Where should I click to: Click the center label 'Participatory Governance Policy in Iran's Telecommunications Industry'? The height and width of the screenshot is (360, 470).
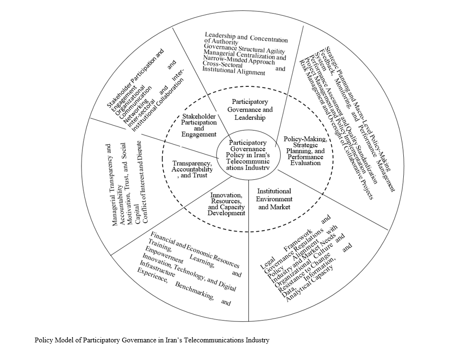coord(247,154)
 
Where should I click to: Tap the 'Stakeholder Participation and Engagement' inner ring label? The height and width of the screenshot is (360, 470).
coord(199,125)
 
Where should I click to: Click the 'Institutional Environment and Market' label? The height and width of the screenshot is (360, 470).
coord(274,199)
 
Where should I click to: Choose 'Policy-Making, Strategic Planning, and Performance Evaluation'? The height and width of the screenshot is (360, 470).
coord(305,150)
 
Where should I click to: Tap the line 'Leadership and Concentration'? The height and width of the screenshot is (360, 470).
coord(246,38)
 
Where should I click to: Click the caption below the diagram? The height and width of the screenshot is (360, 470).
coord(152,340)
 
